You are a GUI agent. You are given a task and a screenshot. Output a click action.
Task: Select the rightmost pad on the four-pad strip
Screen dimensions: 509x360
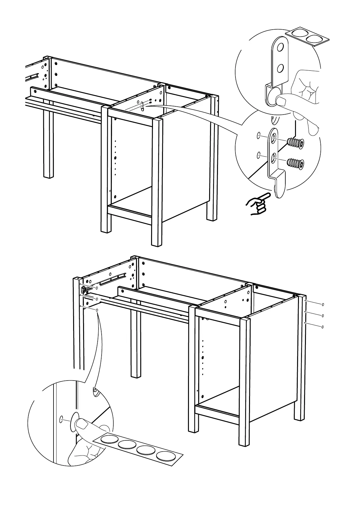(166, 456)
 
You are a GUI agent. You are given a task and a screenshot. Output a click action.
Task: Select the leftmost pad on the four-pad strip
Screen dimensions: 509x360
(109, 439)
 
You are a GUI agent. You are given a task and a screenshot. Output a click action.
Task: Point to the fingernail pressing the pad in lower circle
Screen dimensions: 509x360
(81, 426)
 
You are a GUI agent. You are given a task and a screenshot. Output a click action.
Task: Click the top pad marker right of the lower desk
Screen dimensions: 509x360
(323, 304)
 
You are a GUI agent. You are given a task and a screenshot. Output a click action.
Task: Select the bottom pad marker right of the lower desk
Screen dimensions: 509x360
(323, 327)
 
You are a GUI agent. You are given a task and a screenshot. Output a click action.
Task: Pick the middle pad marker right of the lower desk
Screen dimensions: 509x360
(323, 316)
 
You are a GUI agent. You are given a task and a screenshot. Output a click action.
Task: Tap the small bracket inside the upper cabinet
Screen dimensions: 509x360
(142, 107)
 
